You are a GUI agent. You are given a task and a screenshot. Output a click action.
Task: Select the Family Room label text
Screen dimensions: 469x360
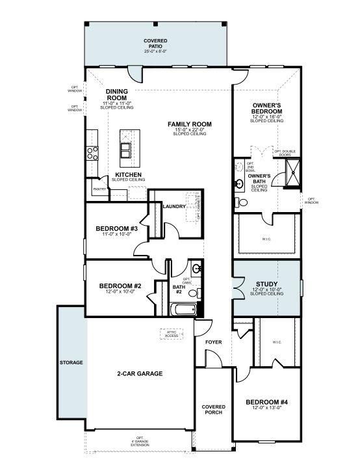pyautogui.click(x=190, y=124)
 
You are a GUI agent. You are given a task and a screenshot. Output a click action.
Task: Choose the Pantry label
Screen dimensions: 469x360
pyautogui.click(x=99, y=189)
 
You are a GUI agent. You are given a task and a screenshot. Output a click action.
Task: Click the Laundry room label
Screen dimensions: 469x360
pyautogui.click(x=174, y=206)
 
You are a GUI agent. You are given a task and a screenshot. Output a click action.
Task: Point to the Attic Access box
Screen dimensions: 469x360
pyautogui.click(x=172, y=334)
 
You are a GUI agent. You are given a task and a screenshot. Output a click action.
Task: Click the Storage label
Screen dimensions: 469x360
pyautogui.click(x=71, y=362)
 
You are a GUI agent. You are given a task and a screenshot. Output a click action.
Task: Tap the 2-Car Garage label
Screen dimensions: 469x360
pyautogui.click(x=140, y=373)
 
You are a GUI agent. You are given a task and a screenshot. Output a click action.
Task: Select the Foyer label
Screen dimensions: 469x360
pyautogui.click(x=214, y=342)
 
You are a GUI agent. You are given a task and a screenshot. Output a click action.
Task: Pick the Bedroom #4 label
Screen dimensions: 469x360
pyautogui.click(x=266, y=403)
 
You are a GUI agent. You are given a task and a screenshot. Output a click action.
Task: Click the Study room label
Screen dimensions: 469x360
pyautogui.click(x=266, y=285)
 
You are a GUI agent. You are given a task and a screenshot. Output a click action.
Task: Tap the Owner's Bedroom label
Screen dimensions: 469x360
pyautogui.click(x=266, y=108)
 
